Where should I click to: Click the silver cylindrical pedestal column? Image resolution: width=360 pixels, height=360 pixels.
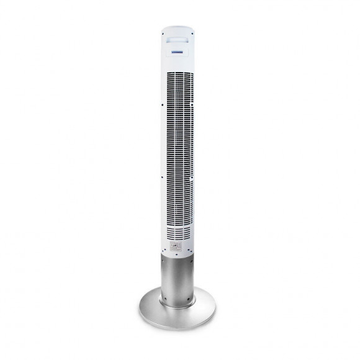tap(179, 276)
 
